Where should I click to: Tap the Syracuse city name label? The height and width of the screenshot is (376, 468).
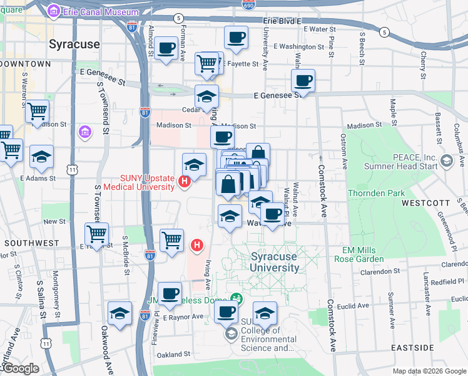tap(74, 44)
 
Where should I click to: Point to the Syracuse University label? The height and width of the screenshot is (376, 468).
tap(275, 262)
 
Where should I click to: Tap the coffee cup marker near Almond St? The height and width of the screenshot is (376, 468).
tap(166, 48)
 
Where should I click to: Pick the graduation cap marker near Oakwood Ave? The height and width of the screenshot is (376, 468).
tap(119, 315)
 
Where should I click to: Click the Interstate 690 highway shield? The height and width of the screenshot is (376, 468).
tap(248, 4)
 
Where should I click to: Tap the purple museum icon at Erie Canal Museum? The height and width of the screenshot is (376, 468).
tap(53, 11)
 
